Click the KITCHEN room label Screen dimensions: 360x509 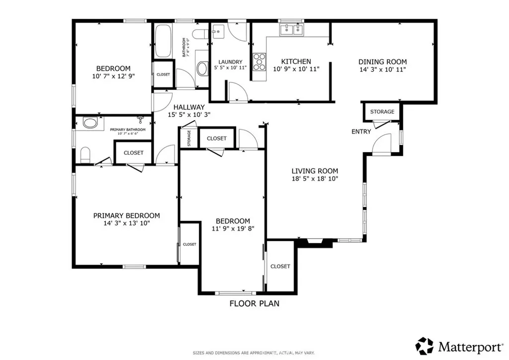[296, 62]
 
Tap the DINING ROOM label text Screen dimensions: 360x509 [382, 62]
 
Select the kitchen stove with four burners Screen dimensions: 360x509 [259, 62]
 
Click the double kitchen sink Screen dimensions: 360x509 [292, 30]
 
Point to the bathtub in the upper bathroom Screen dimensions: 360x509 [163, 42]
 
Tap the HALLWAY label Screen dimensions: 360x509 [188, 107]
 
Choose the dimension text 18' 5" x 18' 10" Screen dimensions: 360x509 [315, 179]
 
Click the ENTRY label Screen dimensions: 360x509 [361, 132]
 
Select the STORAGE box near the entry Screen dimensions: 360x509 [382, 112]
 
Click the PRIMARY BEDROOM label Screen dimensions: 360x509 [127, 215]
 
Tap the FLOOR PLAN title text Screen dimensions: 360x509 [254, 303]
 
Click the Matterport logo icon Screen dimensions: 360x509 [424, 345]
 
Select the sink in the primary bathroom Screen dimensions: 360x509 [90, 123]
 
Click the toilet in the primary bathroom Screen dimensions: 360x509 [85, 155]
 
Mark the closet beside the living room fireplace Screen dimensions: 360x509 [280, 267]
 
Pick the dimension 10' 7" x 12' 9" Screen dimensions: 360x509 [113, 76]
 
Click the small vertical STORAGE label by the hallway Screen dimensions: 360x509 [189, 138]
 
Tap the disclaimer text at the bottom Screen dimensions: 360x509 [254, 353]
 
